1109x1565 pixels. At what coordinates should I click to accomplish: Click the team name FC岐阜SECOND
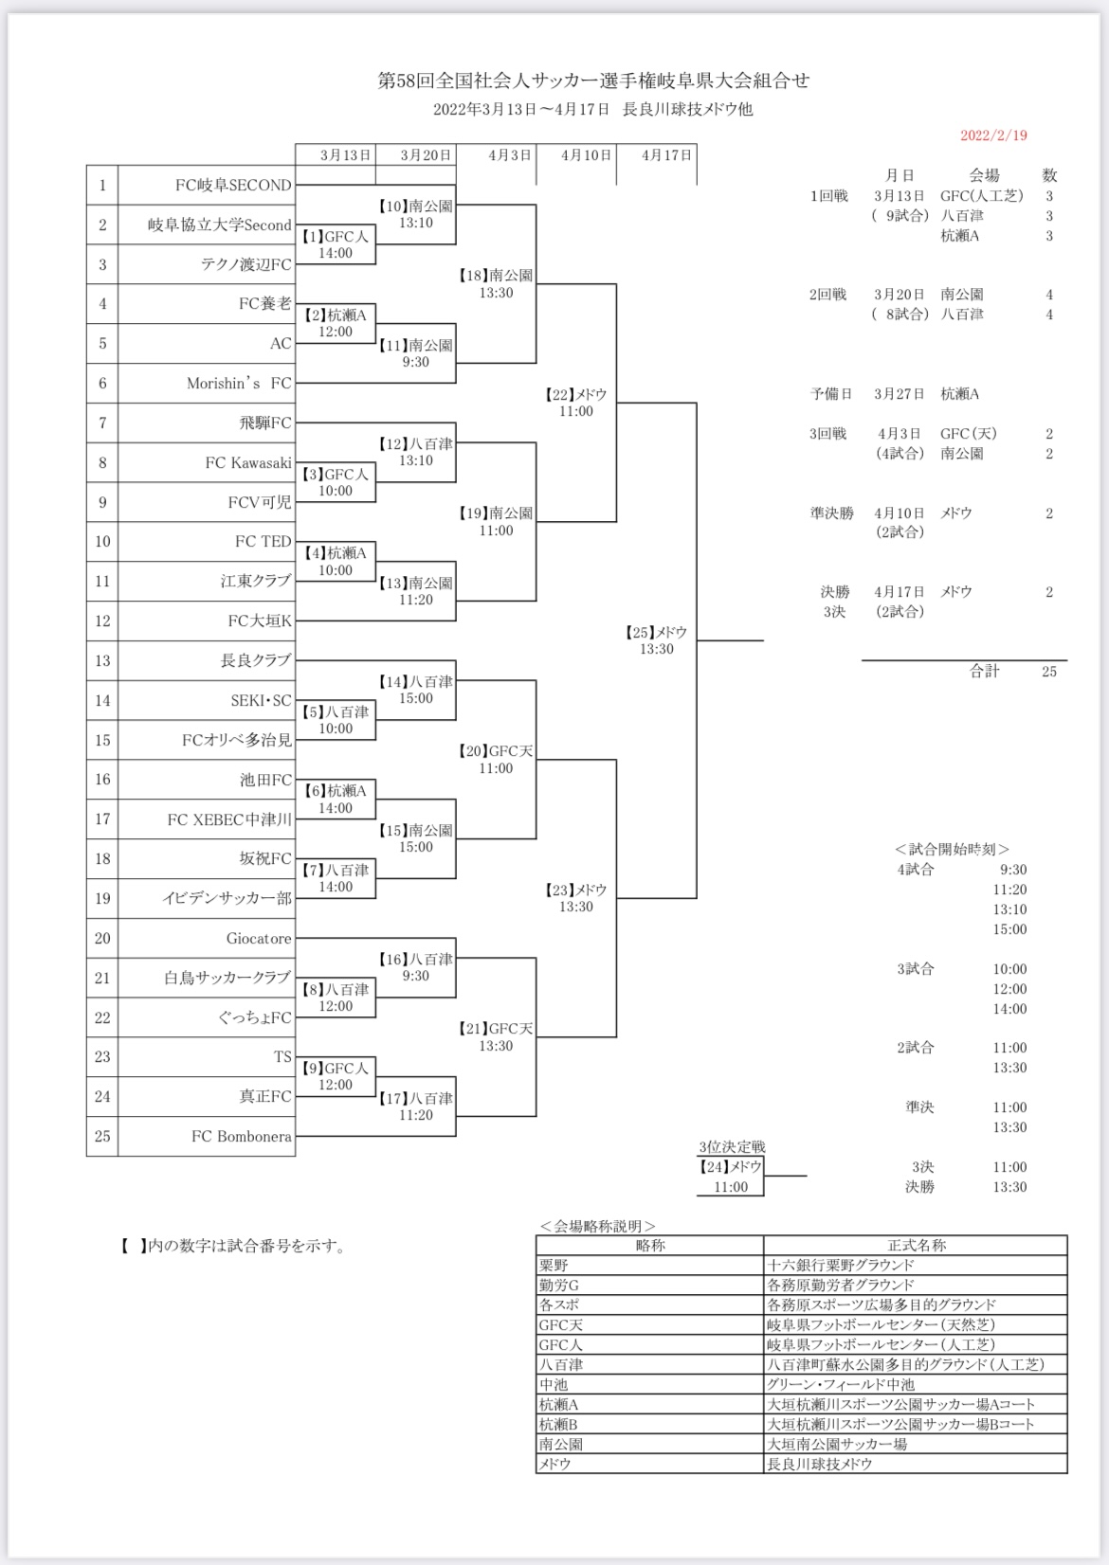tap(233, 186)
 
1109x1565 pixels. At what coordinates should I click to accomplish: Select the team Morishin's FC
tap(239, 384)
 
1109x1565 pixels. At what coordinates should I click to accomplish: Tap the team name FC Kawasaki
tap(248, 463)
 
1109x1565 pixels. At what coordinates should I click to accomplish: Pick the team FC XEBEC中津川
tap(229, 820)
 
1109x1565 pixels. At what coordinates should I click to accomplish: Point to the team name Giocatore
tap(259, 939)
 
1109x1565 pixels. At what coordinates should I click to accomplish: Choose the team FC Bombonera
tap(242, 1137)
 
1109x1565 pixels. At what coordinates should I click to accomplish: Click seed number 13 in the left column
tap(102, 661)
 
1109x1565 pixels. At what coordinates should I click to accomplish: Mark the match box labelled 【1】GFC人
tap(336, 244)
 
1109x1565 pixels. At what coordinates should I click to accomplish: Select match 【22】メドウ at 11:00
tap(575, 403)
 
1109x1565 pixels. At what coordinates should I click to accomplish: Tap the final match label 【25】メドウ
tap(656, 633)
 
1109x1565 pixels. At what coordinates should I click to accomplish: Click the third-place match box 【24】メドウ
tap(730, 1176)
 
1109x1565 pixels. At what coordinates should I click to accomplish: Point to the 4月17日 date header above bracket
tap(666, 155)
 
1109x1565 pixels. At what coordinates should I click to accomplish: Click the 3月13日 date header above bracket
tap(345, 155)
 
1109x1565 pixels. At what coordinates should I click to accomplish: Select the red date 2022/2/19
tap(993, 135)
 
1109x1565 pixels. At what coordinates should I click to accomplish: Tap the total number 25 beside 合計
tap(1048, 672)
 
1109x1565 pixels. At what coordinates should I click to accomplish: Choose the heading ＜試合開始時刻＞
tap(952, 850)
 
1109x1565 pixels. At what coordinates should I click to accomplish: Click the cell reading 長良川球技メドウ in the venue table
tap(819, 1465)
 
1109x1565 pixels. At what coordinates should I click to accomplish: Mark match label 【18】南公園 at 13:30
tap(496, 284)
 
